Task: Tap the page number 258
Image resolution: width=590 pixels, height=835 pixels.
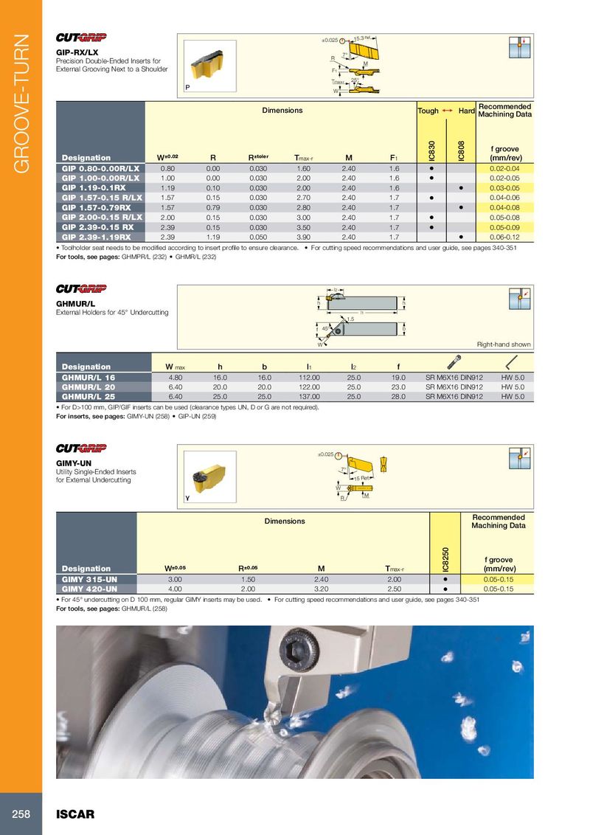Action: click(21, 814)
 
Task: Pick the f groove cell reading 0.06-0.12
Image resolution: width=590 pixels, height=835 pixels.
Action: click(504, 238)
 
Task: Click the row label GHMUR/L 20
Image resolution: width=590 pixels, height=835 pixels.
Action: click(88, 387)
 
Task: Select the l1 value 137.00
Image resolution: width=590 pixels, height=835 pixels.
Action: click(309, 397)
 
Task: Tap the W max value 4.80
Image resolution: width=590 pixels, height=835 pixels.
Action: click(176, 377)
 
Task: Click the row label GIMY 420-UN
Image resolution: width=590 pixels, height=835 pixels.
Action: click(88, 589)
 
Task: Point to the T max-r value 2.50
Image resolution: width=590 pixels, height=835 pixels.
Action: click(395, 589)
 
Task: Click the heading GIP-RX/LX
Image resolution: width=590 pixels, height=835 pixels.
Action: click(77, 52)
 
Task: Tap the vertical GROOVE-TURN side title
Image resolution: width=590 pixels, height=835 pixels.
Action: click(21, 103)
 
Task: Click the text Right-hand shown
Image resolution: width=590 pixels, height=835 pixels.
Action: click(504, 344)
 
